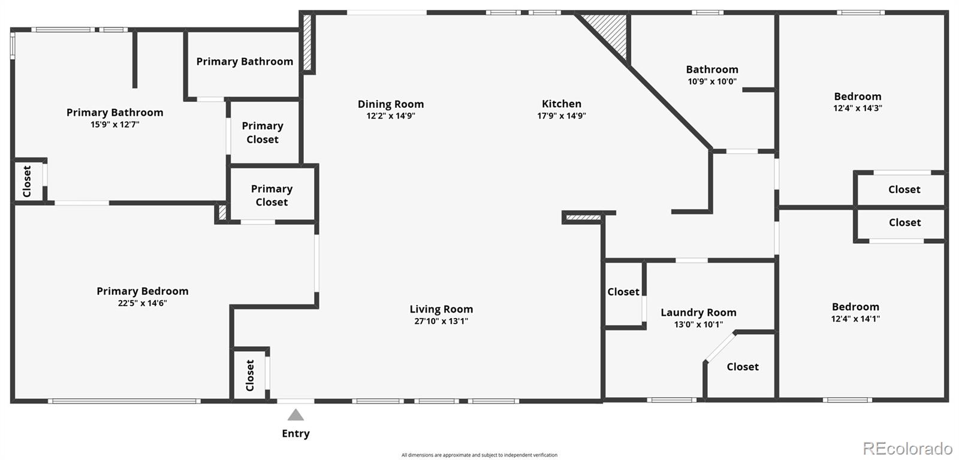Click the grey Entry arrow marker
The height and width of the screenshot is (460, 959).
(x=295, y=415)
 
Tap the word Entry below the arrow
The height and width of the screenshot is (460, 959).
(x=295, y=434)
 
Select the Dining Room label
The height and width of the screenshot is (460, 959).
(x=391, y=104)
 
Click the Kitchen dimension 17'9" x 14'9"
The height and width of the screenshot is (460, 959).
(x=561, y=116)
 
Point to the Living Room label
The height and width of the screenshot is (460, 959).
(x=441, y=309)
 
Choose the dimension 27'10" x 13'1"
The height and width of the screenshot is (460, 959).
(x=441, y=321)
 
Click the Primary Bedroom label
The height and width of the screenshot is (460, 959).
(x=143, y=291)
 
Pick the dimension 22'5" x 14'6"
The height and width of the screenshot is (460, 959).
(x=143, y=303)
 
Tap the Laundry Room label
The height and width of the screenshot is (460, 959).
(x=698, y=313)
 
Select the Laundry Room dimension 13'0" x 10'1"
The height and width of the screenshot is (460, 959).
(x=698, y=325)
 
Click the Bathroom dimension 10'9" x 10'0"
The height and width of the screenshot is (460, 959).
(x=712, y=81)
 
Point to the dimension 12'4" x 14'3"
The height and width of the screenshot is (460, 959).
(x=858, y=108)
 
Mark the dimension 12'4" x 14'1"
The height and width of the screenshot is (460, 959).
(x=855, y=319)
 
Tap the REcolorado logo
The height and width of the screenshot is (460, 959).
(x=907, y=448)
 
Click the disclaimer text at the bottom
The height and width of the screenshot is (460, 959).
(x=479, y=455)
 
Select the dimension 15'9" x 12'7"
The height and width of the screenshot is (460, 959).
(x=114, y=125)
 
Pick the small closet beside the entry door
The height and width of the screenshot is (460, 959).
(x=250, y=374)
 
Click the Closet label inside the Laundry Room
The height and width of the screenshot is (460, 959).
(x=743, y=367)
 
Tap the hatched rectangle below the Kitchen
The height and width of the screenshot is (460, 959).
(x=583, y=217)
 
